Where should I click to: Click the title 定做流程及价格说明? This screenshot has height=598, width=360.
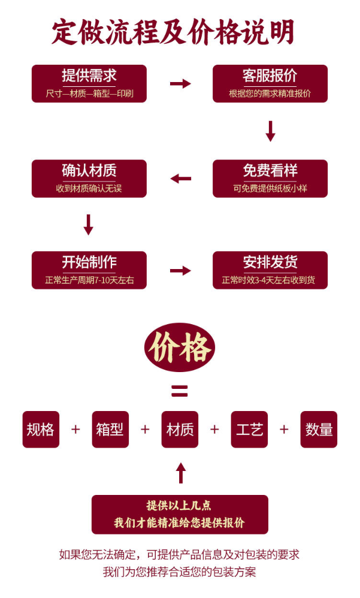173,32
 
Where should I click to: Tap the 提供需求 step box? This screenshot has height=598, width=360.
89,83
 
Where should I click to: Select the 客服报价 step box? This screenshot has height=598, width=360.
270,83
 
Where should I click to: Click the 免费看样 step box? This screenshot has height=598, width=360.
270,178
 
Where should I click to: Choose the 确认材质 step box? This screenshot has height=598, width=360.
89,178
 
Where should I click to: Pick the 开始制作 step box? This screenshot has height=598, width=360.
89,270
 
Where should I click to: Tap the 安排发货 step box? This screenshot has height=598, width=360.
270,270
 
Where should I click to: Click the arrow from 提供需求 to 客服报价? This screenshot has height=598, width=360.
180,83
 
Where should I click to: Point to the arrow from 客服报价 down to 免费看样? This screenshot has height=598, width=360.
270,131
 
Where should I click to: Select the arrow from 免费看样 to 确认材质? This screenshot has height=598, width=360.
180,179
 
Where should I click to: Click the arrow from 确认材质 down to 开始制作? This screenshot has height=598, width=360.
89,224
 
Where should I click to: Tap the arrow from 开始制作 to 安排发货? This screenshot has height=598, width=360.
180,270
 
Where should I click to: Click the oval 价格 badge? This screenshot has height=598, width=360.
180,348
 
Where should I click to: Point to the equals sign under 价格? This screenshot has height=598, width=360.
180,391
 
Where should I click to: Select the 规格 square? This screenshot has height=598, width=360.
41,429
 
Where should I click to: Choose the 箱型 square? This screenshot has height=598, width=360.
110,429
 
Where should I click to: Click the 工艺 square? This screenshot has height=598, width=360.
249,429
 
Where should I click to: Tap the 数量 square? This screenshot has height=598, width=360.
319,429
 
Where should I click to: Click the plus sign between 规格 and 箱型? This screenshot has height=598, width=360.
75,429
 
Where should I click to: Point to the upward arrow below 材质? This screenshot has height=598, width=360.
180,473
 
